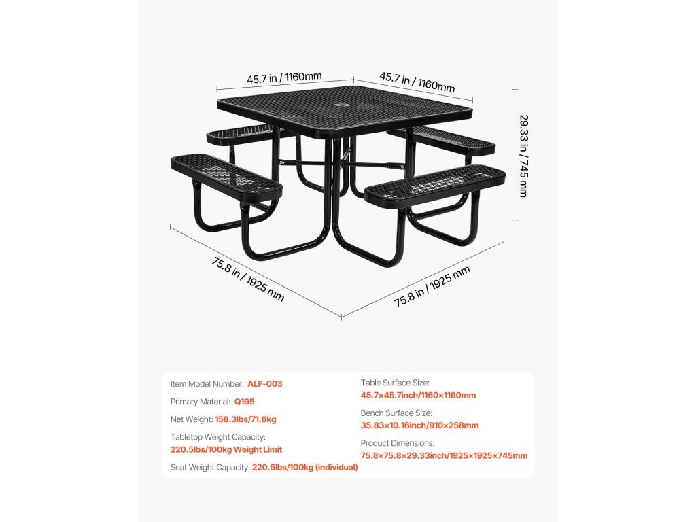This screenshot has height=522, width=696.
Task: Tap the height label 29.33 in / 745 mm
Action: [x=523, y=156]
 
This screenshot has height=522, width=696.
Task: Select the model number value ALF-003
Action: [x=264, y=384]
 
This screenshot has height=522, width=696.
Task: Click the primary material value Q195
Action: [x=244, y=402]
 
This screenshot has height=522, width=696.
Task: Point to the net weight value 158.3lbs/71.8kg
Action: [x=245, y=419]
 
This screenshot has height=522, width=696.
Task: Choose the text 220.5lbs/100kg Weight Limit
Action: [x=226, y=449]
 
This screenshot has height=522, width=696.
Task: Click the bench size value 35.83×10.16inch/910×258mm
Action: [x=419, y=425]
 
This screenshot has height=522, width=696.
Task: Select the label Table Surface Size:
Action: [x=395, y=383]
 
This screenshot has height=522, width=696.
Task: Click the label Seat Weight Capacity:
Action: [x=210, y=467]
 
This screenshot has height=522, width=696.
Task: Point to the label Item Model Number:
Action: [x=207, y=384]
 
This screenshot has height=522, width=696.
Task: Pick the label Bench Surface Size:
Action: [x=396, y=413]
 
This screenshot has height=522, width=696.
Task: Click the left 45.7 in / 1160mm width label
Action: [x=284, y=77]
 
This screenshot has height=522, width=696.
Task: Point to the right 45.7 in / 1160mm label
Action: [x=417, y=82]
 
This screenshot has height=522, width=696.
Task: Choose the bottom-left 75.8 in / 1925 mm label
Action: [x=247, y=279]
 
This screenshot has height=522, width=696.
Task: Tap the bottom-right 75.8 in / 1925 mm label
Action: [x=432, y=286]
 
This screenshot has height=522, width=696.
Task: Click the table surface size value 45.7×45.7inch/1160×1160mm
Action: [x=418, y=396]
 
